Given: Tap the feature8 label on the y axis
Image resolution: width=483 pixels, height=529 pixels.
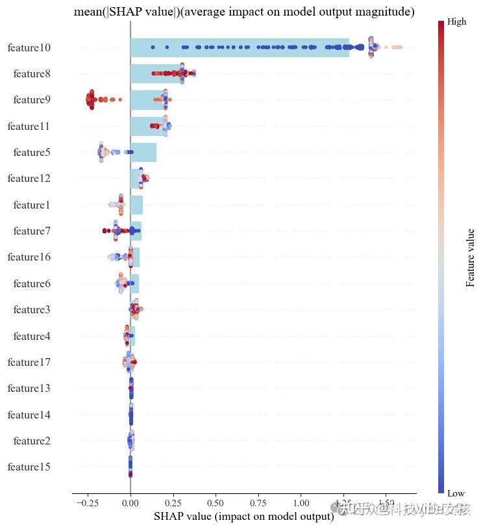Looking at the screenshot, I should (32, 74).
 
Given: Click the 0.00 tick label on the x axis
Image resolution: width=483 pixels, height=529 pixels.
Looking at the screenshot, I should (130, 503).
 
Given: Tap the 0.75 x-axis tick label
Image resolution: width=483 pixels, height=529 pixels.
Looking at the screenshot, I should (258, 503).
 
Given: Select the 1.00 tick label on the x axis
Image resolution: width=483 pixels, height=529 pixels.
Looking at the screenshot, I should (301, 503).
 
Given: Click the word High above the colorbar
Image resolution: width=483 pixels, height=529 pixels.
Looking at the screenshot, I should (457, 22).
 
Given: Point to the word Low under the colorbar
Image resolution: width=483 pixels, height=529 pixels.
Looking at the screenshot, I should (456, 493).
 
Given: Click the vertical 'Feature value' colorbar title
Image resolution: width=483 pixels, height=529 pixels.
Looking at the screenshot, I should (471, 257).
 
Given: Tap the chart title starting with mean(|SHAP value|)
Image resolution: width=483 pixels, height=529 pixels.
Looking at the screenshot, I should (244, 12).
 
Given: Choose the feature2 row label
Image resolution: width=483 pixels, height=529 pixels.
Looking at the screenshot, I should (32, 441).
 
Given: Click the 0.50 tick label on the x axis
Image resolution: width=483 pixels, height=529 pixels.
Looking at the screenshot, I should (216, 503).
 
